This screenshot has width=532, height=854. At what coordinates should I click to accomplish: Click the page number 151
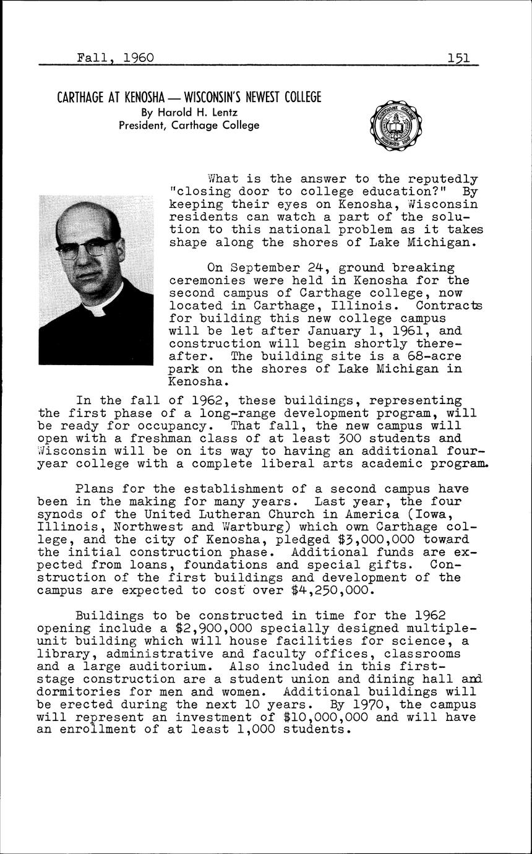point(460,58)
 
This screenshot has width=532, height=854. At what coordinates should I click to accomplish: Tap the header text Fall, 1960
point(115,58)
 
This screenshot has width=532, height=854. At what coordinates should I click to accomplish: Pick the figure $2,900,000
point(186,629)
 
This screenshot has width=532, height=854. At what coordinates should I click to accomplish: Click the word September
point(259,268)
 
